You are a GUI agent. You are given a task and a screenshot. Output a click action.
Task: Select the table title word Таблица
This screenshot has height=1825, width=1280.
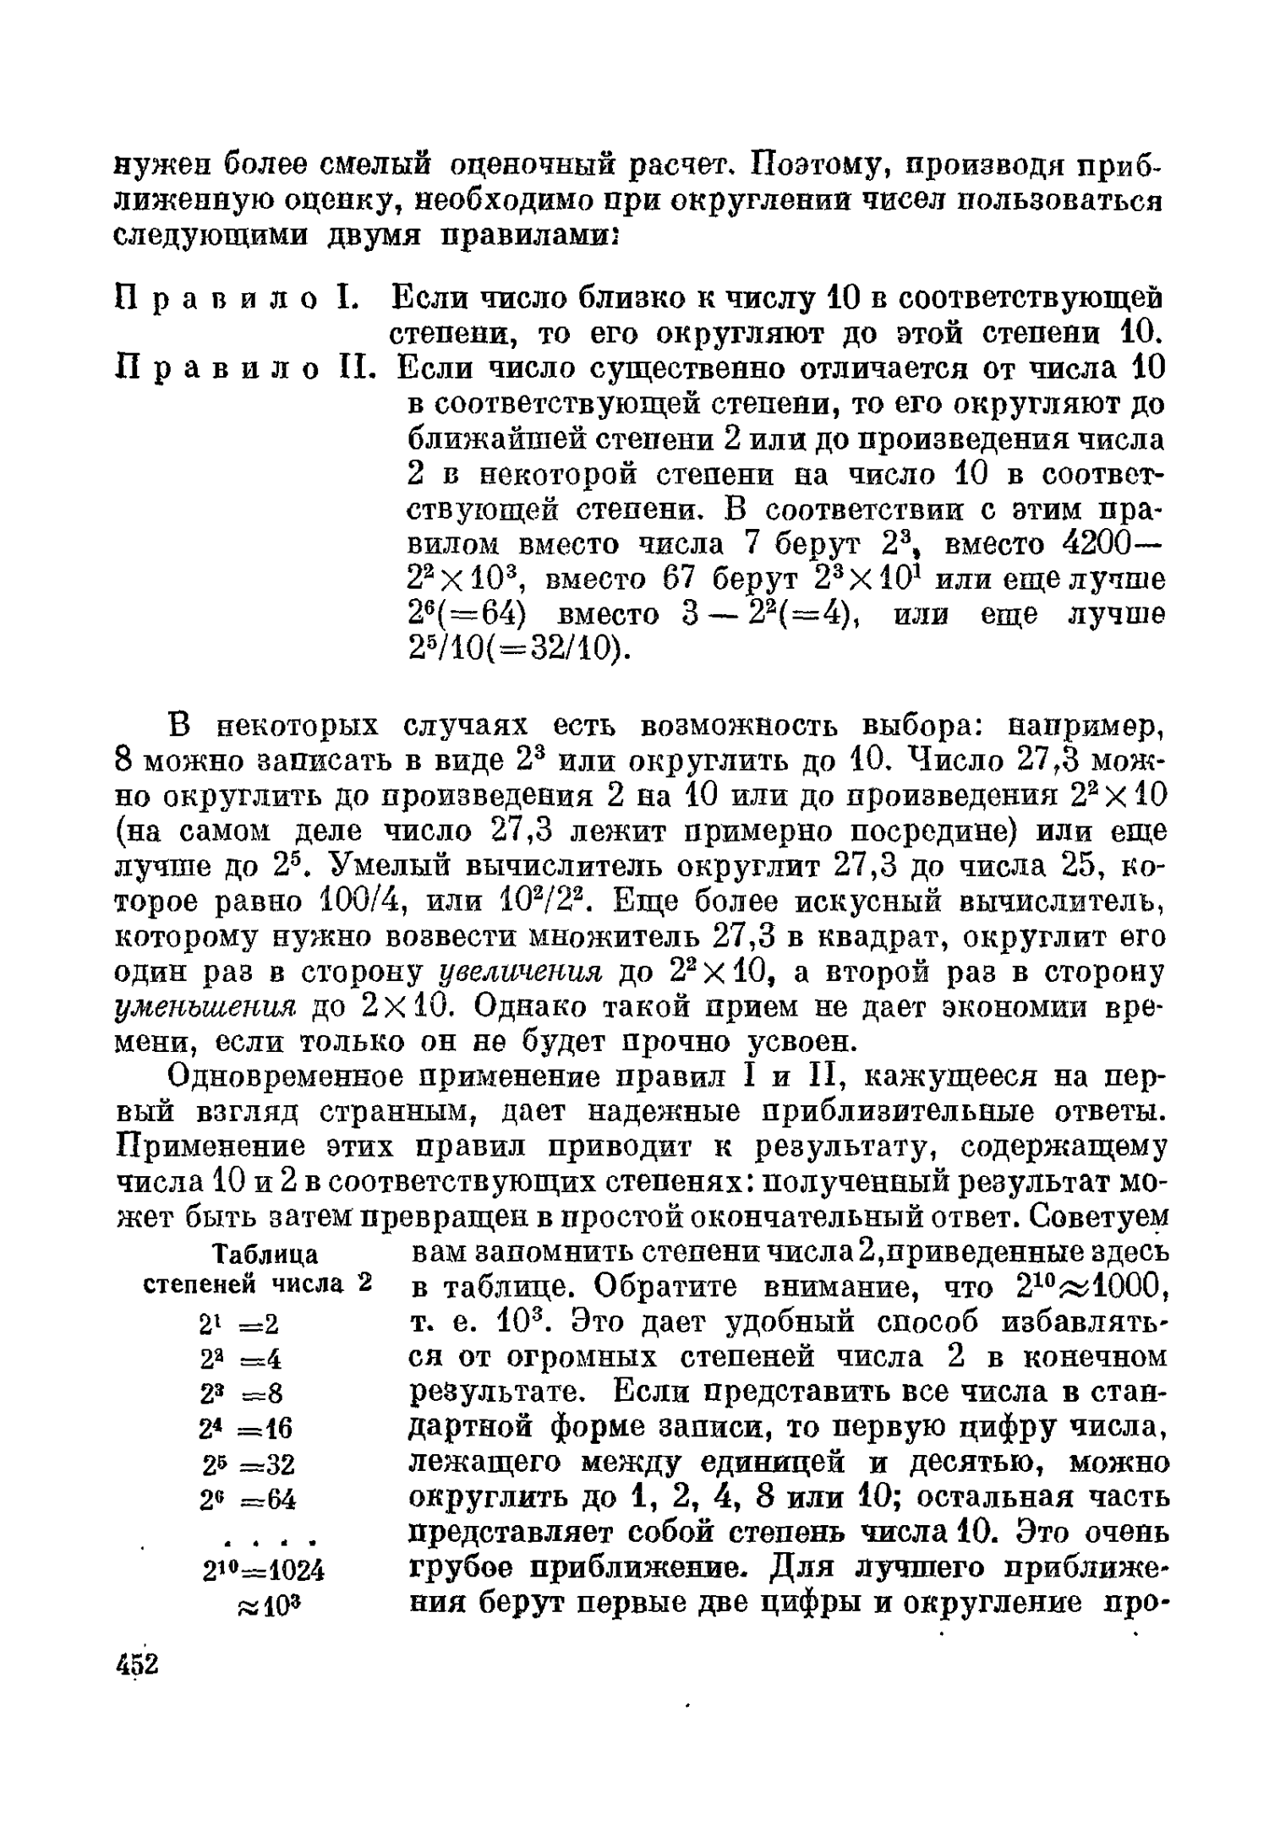tap(265, 1253)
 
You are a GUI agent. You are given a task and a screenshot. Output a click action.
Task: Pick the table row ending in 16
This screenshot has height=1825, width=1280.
tap(246, 1429)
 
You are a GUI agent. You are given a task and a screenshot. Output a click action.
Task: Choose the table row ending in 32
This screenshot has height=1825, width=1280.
tap(248, 1464)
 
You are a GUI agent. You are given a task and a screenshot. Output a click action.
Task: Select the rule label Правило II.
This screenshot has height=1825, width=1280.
tap(244, 368)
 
